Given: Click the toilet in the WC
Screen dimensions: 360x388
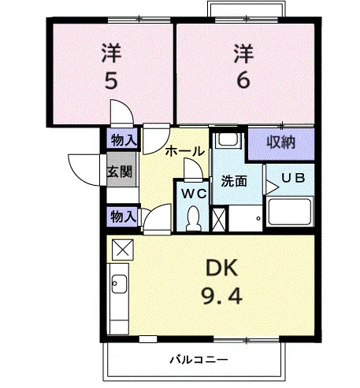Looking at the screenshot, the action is click(x=193, y=218).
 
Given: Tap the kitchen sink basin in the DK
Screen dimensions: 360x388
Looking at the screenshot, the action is click(x=119, y=284).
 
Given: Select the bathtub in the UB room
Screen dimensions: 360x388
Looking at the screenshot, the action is click(x=290, y=212).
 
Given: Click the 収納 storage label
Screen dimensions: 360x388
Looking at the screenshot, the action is click(x=281, y=142).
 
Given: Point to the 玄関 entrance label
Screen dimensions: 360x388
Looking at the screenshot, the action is click(x=120, y=172).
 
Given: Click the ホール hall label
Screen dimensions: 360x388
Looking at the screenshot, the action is click(x=185, y=151).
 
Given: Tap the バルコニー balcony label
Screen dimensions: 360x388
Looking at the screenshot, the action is click(x=199, y=360).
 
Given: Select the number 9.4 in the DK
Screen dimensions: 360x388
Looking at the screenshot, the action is click(x=221, y=295).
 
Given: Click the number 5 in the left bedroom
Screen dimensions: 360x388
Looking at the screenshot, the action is click(x=111, y=80).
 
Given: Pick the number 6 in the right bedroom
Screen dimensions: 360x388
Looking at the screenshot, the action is click(x=243, y=79).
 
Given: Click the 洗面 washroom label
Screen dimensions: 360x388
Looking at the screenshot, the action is click(x=234, y=181).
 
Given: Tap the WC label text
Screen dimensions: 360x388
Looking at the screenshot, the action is click(x=195, y=194).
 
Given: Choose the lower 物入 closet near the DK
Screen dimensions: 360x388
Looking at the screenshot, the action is click(x=123, y=216).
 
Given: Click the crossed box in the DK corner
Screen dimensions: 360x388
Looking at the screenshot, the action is click(x=123, y=249).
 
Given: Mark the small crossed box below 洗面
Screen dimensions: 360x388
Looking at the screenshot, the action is click(x=219, y=220).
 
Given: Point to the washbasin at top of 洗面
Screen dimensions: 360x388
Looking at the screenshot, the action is click(x=228, y=140).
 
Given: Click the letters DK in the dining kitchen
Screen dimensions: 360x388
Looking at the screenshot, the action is click(x=222, y=268).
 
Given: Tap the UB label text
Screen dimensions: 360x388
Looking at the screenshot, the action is click(x=293, y=178).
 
